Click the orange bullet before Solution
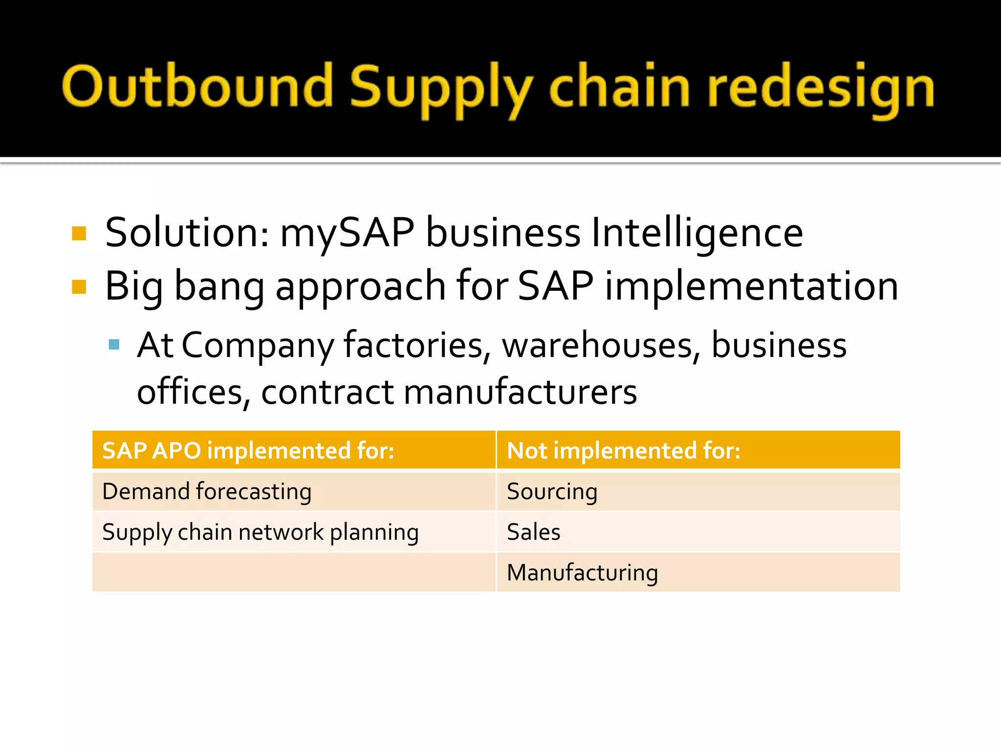(79, 234)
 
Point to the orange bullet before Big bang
(79, 287)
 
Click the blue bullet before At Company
(114, 345)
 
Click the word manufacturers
(520, 392)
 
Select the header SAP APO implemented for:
(248, 450)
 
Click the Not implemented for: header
(623, 450)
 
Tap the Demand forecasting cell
(207, 491)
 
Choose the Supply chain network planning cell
(261, 532)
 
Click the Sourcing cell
(552, 491)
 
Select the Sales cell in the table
(533, 532)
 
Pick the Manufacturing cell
(582, 573)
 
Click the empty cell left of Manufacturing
(294, 573)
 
